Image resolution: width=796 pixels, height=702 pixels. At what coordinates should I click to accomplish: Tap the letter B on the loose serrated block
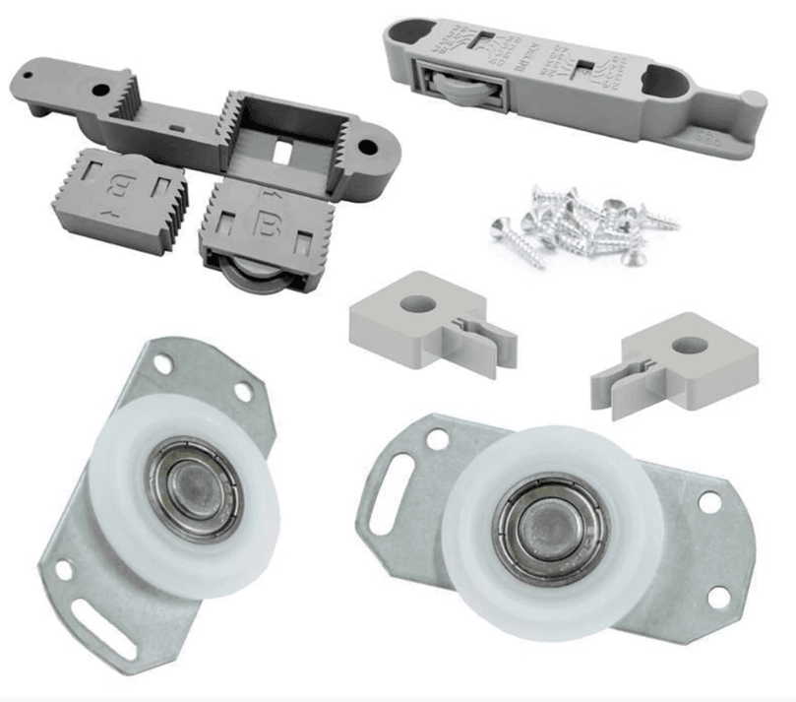coord(120,187)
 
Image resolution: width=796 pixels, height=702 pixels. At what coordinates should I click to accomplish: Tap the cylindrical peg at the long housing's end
coord(753,100)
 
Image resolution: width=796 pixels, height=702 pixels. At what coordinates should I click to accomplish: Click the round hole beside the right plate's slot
coord(438,440)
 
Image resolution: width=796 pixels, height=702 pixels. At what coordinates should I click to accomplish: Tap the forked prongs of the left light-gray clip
coord(492,339)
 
